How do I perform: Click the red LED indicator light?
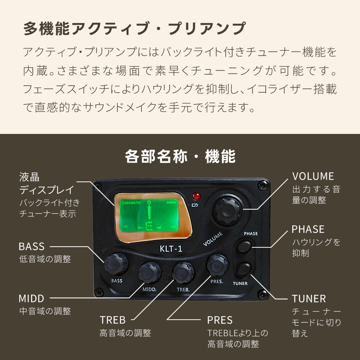(x=197, y=196)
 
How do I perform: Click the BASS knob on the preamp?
(x=116, y=264)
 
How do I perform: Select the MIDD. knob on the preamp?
(x=150, y=273)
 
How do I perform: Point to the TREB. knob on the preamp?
(x=183, y=273)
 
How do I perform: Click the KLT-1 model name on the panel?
(x=171, y=249)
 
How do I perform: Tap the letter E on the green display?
(x=149, y=227)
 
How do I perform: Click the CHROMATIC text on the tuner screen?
(x=131, y=203)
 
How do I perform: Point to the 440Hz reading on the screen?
(x=171, y=202)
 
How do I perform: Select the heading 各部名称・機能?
(x=180, y=156)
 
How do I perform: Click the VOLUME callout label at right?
(x=313, y=176)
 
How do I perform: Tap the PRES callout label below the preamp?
(x=220, y=320)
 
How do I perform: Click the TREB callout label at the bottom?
(x=112, y=320)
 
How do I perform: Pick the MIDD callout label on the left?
(x=31, y=298)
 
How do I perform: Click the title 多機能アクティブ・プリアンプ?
(x=135, y=28)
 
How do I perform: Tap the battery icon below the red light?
(x=195, y=205)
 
